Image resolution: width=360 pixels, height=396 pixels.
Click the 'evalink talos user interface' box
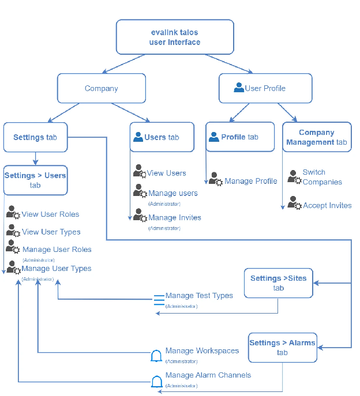(175, 37)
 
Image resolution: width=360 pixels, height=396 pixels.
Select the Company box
(101, 88)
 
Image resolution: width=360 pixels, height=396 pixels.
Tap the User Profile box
(265, 88)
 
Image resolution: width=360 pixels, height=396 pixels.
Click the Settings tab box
(35, 137)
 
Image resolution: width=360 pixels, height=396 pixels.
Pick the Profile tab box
(240, 137)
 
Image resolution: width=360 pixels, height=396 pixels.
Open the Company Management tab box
(316, 137)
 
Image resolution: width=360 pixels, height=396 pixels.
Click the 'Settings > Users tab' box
(35, 180)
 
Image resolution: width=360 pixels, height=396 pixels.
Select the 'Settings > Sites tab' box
(278, 282)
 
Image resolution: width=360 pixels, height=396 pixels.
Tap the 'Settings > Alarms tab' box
(282, 347)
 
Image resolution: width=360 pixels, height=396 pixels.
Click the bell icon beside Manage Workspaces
(156, 356)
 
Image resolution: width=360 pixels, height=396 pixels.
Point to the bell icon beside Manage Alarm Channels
(156, 382)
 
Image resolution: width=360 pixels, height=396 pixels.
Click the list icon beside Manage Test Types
(159, 303)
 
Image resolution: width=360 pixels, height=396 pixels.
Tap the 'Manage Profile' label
(250, 181)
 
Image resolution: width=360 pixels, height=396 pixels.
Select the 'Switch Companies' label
(322, 177)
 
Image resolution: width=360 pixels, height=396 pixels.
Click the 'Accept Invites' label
(327, 205)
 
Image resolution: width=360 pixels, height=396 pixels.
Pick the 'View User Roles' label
(50, 214)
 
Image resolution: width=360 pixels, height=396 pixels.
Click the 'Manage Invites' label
(174, 217)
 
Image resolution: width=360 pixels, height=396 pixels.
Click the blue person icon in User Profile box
(238, 88)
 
